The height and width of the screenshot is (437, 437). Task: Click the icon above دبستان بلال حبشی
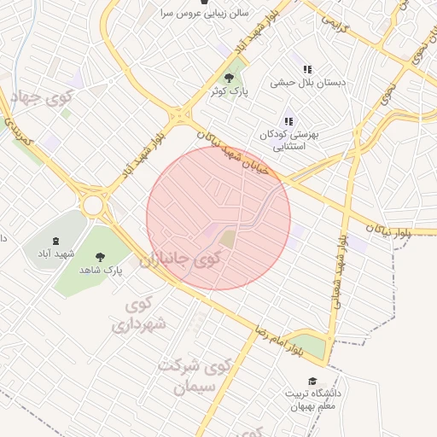tap(307, 69)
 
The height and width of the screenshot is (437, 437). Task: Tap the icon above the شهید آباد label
tap(56, 242)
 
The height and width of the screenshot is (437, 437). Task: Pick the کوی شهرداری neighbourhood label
tap(137, 315)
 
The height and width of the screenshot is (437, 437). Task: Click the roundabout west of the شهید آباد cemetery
tap(93, 205)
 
